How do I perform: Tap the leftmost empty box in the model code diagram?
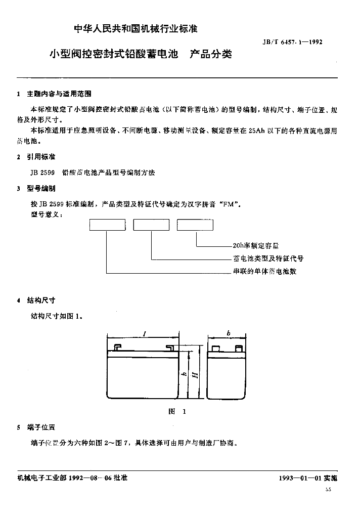tap(107, 225)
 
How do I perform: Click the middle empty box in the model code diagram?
tap(151, 225)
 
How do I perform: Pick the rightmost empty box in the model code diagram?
tap(195, 225)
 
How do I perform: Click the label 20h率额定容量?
tap(255, 246)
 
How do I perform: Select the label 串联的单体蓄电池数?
tap(264, 271)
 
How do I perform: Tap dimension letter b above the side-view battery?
tap(229, 334)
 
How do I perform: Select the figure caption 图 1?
tap(177, 411)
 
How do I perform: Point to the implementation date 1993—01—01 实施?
tap(308, 478)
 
